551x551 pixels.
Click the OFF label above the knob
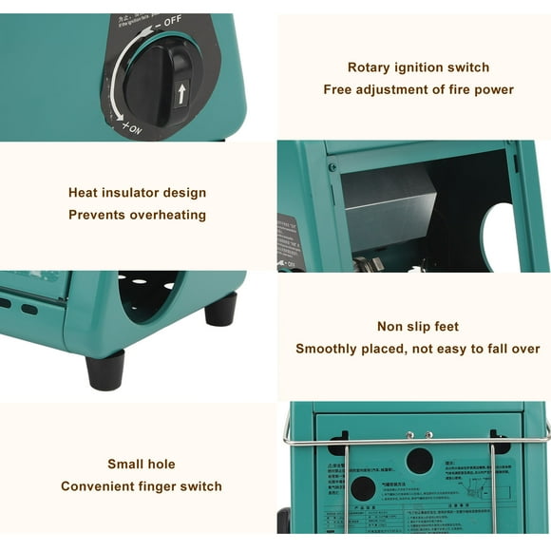pos(172,21)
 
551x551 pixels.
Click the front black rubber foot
pos(104,369)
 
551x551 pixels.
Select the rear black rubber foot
pos(219,309)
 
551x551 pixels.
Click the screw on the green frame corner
pos(332,167)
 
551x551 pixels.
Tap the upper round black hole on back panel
pos(419,461)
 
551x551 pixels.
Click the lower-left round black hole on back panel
pos(362,488)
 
